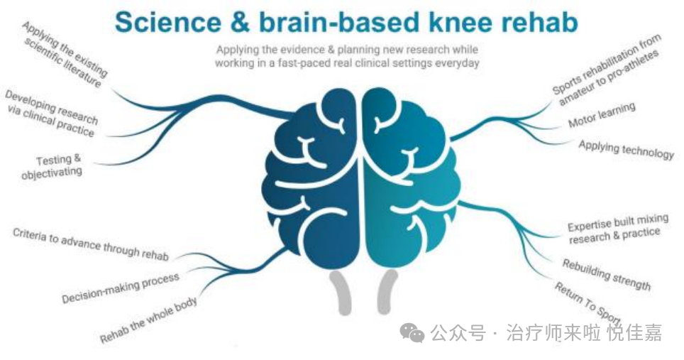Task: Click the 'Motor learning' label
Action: tap(601, 116)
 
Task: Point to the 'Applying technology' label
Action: tap(626, 150)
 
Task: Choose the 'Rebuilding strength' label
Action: tap(606, 274)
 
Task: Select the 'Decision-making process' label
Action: tap(121, 288)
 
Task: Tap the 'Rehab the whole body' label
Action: tap(148, 320)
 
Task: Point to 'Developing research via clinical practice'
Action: tap(51, 113)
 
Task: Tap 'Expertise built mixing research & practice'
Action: tap(613, 231)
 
